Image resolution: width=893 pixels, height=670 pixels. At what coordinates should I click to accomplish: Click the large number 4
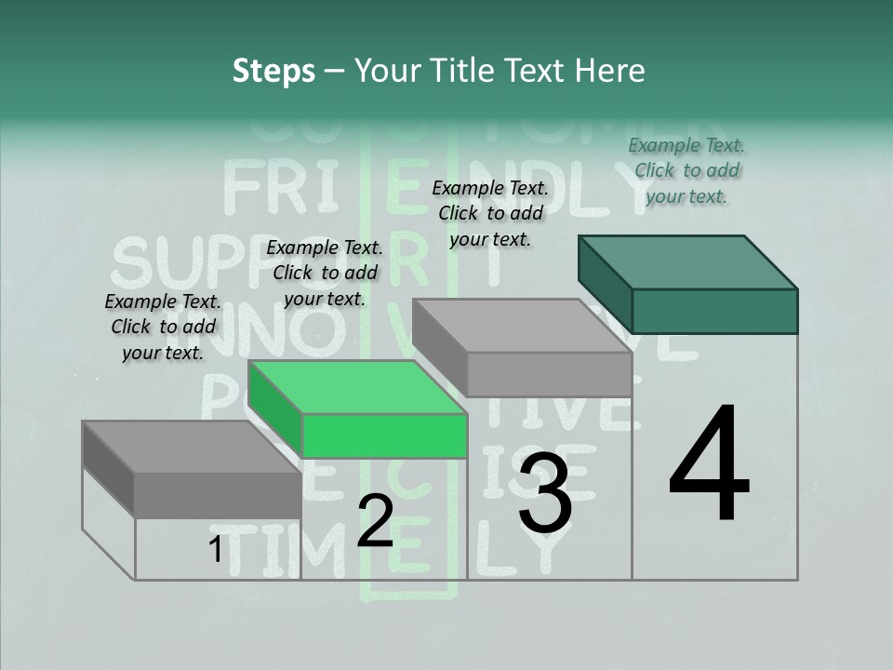(710, 465)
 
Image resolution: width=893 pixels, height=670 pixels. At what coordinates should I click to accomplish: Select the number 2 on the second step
(375, 521)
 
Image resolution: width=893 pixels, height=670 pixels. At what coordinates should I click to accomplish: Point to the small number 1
(215, 551)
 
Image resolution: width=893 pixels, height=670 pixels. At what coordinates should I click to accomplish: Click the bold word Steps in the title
(273, 71)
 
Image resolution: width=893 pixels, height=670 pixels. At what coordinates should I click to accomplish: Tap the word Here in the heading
(611, 71)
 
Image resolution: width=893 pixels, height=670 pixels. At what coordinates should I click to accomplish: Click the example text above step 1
(163, 328)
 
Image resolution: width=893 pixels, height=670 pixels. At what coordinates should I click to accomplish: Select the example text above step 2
(325, 274)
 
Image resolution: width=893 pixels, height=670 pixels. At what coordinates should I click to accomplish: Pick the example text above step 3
(490, 214)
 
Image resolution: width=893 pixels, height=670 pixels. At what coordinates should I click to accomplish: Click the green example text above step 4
(686, 171)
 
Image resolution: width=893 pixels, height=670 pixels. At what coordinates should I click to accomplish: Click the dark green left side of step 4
(605, 284)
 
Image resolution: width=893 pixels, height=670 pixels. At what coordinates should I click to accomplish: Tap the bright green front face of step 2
(384, 435)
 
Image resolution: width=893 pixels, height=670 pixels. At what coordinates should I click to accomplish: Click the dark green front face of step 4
(714, 311)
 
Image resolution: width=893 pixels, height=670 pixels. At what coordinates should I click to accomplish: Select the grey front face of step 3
(549, 375)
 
